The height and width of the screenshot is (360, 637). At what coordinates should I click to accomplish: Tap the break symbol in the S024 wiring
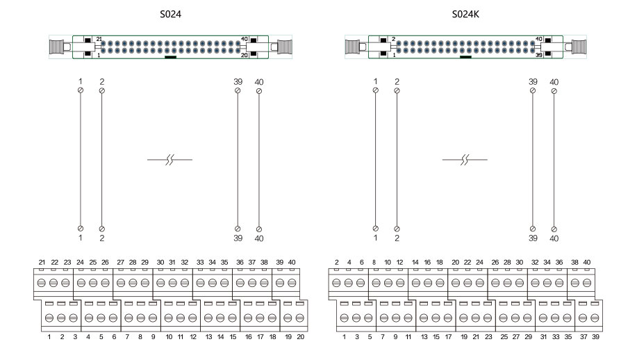click(169, 161)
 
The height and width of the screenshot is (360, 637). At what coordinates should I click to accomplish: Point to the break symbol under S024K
click(465, 161)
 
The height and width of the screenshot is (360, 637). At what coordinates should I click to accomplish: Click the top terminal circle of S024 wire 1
click(81, 90)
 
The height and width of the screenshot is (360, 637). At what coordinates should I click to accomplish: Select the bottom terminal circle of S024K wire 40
click(554, 229)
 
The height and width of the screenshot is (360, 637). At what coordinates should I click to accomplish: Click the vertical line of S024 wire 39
click(238, 160)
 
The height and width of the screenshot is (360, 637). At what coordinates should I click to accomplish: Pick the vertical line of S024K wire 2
click(397, 160)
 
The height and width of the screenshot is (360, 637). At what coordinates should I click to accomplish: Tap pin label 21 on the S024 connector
click(99, 39)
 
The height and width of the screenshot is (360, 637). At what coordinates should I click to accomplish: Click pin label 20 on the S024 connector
click(245, 54)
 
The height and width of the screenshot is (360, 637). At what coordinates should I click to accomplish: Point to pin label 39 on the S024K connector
click(540, 54)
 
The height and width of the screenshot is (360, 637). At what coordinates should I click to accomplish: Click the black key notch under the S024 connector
click(170, 58)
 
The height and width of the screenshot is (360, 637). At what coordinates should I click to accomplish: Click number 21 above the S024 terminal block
click(42, 262)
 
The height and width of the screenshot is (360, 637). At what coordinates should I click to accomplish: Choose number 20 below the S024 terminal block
click(300, 336)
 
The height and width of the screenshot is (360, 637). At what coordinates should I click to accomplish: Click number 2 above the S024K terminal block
click(337, 262)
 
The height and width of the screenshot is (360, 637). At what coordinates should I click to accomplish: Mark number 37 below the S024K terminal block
click(584, 336)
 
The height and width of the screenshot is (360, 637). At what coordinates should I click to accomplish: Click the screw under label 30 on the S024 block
click(160, 283)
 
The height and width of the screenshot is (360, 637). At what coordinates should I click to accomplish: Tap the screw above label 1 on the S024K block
click(345, 318)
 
